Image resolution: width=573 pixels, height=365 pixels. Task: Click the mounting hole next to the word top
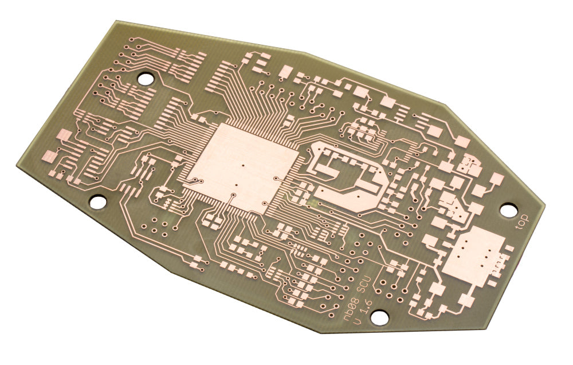(x=508, y=210)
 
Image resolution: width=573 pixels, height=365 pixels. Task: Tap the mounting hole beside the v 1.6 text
(x=379, y=316)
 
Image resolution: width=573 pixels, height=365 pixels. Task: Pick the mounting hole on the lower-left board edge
(x=99, y=201)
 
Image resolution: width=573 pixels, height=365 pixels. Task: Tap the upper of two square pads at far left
(x=63, y=135)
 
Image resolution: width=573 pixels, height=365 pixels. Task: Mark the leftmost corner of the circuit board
(x=15, y=164)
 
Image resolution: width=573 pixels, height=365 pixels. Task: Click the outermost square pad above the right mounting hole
(x=494, y=180)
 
